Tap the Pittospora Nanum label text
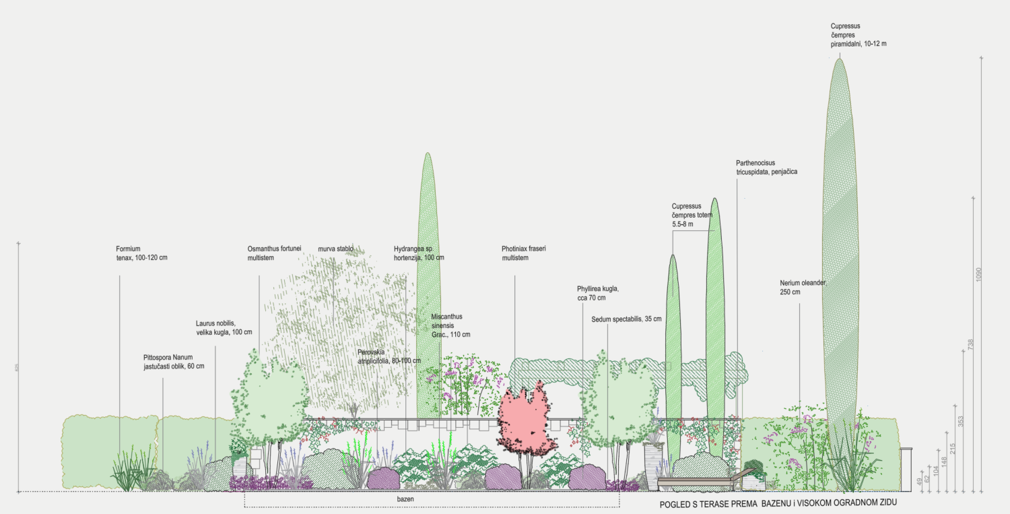[x=173, y=362]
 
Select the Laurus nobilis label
[x=224, y=327]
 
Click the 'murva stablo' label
[x=335, y=249]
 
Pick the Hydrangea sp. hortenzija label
[x=419, y=253]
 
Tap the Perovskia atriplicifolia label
[x=389, y=356]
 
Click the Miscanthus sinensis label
[x=450, y=325]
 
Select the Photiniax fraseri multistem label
[x=523, y=253]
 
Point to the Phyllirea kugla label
[x=597, y=293]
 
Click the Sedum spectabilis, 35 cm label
[x=626, y=319]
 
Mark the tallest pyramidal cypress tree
[x=839, y=269]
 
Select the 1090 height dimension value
[x=979, y=274]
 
